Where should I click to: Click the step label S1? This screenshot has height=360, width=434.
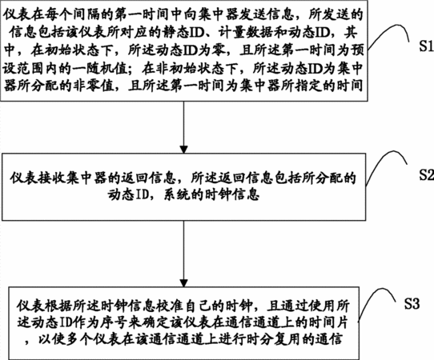coord(426,46)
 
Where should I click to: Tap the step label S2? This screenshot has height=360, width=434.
coord(426,174)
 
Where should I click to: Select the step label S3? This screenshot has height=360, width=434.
coord(412,303)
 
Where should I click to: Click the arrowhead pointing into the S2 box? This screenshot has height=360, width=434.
coord(183,149)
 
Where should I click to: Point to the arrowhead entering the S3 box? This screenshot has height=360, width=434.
coord(183,283)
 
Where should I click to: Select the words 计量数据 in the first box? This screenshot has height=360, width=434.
coord(246,33)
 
